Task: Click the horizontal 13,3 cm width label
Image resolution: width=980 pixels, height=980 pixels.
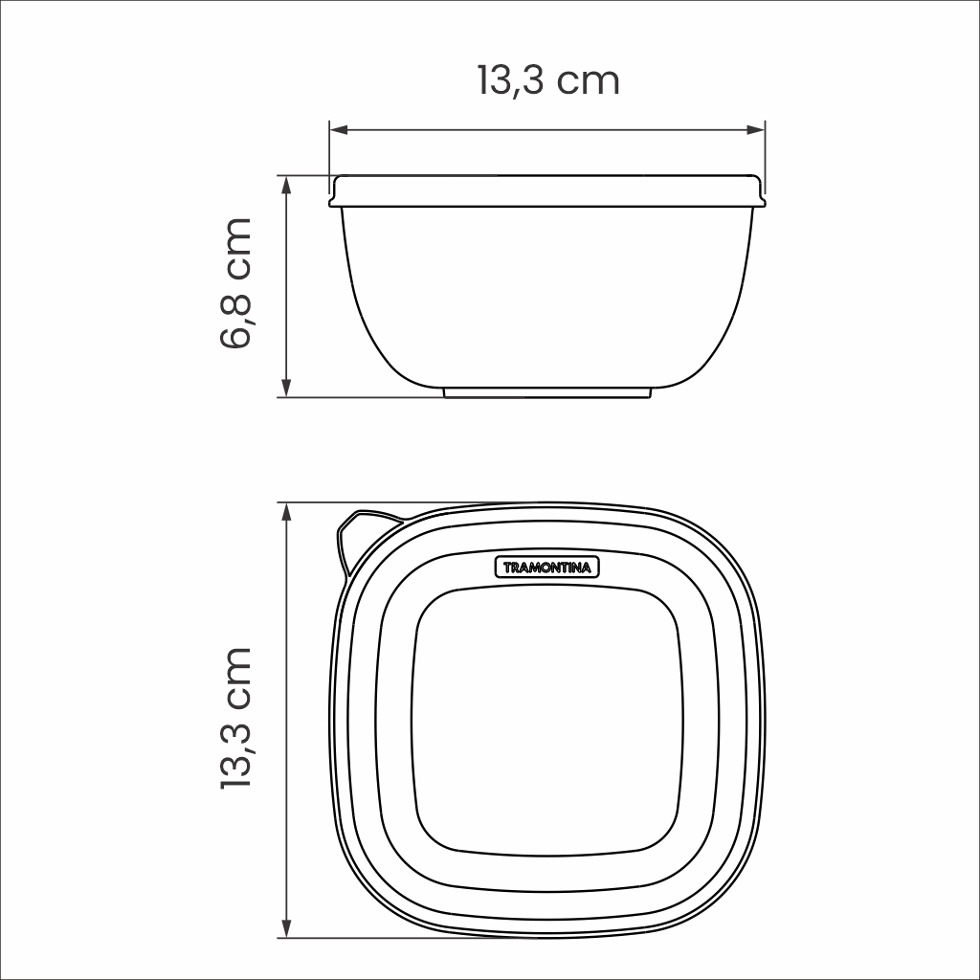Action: (x=548, y=80)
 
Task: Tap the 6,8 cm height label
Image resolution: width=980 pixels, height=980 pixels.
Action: (x=235, y=283)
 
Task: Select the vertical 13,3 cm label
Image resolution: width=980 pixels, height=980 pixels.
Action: (x=235, y=717)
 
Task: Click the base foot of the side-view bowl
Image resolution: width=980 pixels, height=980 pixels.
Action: (x=547, y=392)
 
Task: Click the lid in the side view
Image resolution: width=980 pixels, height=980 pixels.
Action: (x=547, y=190)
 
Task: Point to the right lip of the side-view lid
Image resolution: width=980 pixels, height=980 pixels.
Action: (x=760, y=195)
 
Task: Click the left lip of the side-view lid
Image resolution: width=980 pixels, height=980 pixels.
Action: (x=335, y=195)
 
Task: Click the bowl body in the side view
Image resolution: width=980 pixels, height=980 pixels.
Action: (x=547, y=297)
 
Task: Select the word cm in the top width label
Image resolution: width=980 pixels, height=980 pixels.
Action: (x=589, y=81)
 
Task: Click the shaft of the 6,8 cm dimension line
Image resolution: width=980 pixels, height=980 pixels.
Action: (x=286, y=287)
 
